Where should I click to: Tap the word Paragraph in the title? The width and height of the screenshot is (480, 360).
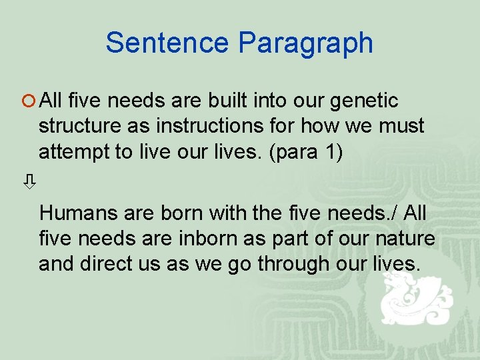(x=305, y=43)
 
